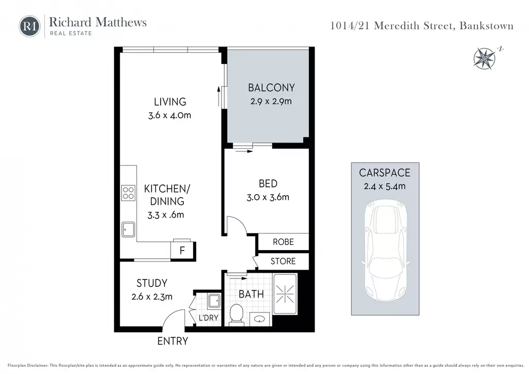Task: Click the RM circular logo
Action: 29,26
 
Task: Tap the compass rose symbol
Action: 485,59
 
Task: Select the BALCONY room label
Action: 271,88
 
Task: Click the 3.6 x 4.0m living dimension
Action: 169,115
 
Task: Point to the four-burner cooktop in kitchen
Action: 128,193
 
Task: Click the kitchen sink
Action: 128,230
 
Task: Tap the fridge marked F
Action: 182,250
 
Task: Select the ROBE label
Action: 283,242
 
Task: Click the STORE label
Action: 283,261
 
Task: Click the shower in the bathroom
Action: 285,294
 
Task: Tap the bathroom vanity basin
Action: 259,319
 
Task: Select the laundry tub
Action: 214,301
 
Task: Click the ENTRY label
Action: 173,341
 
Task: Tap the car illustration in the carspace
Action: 385,250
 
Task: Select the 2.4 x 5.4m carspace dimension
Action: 384,186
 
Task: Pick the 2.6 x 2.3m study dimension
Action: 152,297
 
